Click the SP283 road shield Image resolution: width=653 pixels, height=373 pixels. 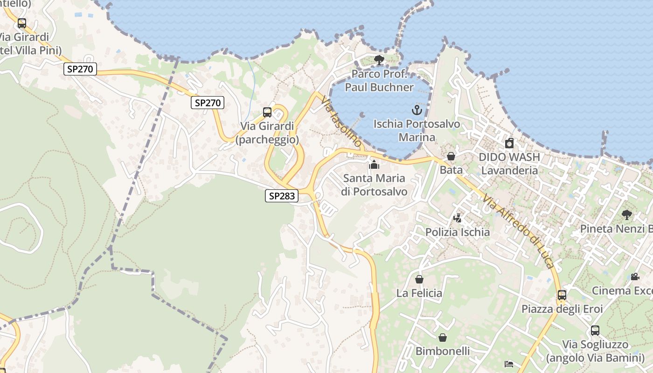(x=282, y=196)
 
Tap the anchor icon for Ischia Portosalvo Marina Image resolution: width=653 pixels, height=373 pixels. (x=417, y=111)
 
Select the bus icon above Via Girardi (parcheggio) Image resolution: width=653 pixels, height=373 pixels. (x=267, y=112)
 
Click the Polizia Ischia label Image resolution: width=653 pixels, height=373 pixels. (x=458, y=232)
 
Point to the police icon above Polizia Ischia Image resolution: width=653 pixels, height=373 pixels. (x=457, y=218)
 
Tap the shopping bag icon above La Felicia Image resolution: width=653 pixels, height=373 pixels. (x=419, y=279)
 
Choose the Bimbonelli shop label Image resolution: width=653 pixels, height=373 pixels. (x=443, y=351)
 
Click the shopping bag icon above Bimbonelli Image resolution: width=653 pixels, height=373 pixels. (x=443, y=337)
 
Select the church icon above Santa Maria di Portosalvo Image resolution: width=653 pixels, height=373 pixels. (x=374, y=165)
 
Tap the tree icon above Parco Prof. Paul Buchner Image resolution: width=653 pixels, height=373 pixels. (x=379, y=60)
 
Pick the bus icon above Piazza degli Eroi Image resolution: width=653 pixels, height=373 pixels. (x=562, y=295)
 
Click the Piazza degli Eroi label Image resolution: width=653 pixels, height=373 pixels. (x=562, y=309)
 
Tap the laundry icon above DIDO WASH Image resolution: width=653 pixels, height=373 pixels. (x=509, y=143)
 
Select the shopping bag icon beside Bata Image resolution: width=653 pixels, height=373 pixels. (x=451, y=156)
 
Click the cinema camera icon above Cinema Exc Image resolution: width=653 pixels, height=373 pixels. (x=635, y=277)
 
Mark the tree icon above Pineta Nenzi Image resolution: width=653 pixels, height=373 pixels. (x=627, y=215)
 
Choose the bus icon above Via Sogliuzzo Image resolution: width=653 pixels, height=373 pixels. (x=595, y=331)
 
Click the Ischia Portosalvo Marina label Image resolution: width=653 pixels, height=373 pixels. (x=417, y=131)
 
